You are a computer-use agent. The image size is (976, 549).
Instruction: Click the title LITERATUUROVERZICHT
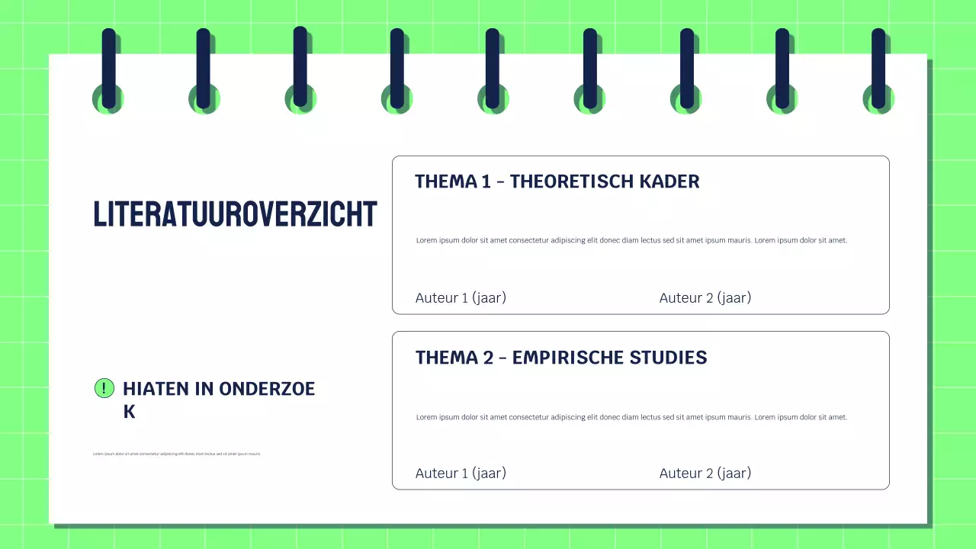[x=235, y=214]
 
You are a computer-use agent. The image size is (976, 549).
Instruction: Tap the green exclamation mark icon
[x=104, y=388]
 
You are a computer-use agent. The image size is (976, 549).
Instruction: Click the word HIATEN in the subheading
[x=156, y=389]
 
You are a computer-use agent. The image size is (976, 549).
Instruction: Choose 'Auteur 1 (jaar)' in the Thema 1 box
[x=461, y=297]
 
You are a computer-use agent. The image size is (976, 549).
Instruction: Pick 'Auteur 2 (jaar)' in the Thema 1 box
[x=705, y=297]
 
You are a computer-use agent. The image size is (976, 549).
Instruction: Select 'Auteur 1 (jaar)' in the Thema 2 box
[x=461, y=473]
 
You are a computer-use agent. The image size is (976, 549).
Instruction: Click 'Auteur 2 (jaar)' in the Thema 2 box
[x=705, y=473]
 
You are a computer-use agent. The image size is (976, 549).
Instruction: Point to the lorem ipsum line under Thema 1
[x=631, y=240]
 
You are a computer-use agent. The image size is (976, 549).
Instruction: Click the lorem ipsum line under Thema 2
[x=631, y=417]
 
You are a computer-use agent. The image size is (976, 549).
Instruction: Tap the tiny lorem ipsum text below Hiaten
[x=177, y=454]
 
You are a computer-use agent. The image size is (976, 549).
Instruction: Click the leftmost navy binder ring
[x=109, y=69]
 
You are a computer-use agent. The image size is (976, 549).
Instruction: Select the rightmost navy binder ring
[x=878, y=69]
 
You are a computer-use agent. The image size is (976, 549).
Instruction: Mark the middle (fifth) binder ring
[x=493, y=69]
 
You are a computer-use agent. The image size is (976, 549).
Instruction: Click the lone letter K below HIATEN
[x=129, y=412]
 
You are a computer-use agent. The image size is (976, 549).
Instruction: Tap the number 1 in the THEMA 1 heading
[x=486, y=181]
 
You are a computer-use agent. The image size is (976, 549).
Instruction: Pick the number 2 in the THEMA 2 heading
[x=488, y=358]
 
